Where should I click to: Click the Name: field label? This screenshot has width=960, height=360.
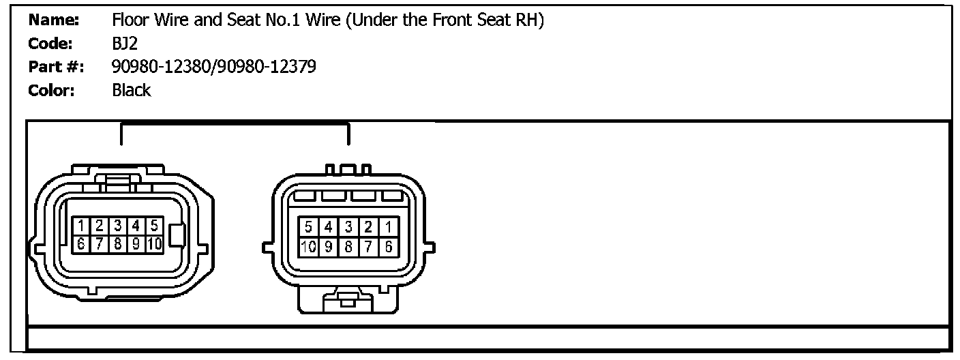(x=54, y=21)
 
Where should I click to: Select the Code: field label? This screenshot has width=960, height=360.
(x=50, y=44)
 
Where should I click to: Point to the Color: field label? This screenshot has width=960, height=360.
(x=51, y=90)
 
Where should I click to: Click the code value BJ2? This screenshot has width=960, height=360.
(x=125, y=44)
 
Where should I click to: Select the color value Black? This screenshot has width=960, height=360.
(x=132, y=90)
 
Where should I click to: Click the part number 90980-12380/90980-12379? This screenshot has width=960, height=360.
(x=213, y=67)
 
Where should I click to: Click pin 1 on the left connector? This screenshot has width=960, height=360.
(x=80, y=225)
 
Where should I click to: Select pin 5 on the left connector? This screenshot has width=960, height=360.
(x=155, y=225)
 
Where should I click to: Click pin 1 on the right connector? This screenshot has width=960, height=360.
(x=388, y=226)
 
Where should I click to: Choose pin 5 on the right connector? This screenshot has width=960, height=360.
(x=309, y=226)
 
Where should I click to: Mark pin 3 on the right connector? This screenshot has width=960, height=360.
(x=348, y=226)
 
